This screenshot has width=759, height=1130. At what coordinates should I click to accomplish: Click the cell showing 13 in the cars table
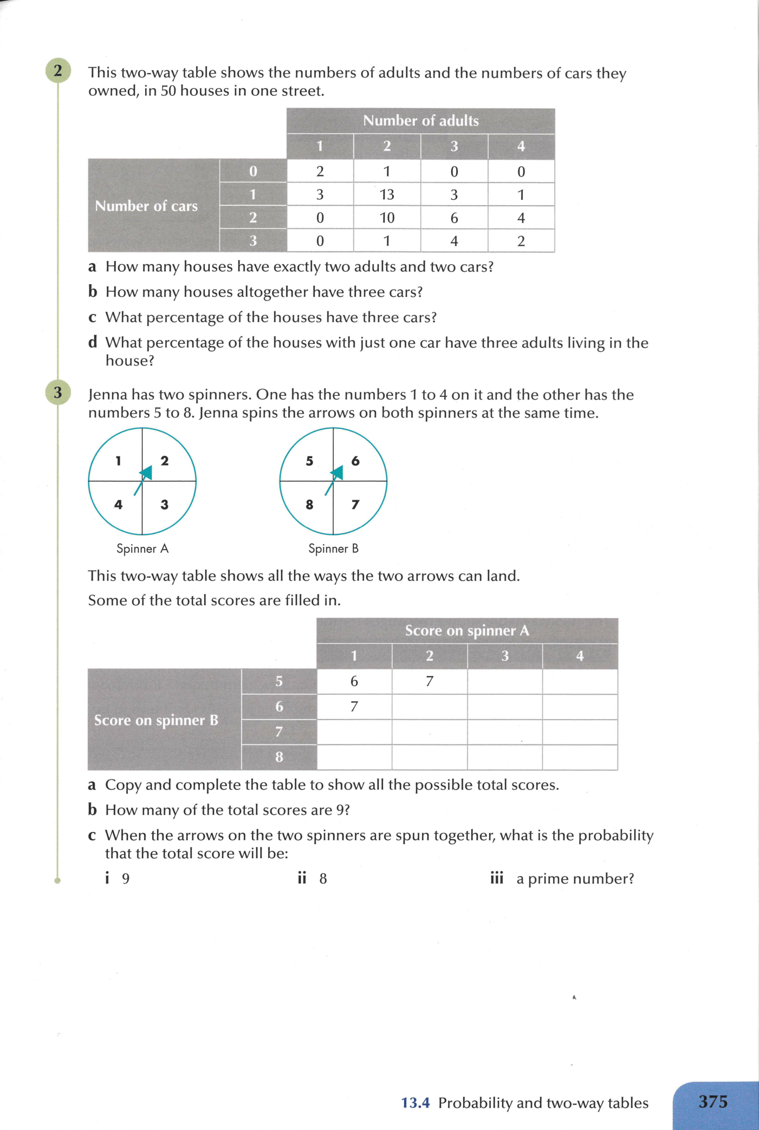coord(387,195)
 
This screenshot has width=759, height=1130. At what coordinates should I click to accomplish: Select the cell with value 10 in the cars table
coord(387,218)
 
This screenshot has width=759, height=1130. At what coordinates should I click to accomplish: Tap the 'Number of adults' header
coord(420,121)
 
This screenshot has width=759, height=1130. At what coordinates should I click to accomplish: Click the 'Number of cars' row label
coord(146,206)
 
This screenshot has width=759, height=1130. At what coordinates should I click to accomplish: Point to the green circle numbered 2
coord(58,70)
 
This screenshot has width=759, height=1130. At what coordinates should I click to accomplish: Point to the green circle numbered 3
coord(58,392)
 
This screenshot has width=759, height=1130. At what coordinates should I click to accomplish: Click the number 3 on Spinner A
coord(165,505)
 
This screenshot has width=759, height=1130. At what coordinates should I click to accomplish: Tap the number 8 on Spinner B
coord(309,505)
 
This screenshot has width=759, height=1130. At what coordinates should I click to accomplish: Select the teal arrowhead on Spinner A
coord(146,473)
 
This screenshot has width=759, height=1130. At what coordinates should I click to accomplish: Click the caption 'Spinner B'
coord(333,548)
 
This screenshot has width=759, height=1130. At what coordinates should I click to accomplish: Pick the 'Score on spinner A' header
coord(466,631)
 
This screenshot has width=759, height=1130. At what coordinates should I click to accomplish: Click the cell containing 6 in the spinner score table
coord(354,681)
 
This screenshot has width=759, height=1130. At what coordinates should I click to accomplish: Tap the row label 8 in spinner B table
coord(279,757)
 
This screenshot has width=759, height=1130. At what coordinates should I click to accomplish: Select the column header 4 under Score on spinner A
coord(580,656)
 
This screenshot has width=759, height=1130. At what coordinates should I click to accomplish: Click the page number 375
coord(713,1102)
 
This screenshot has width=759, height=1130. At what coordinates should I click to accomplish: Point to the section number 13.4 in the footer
coord(415,1103)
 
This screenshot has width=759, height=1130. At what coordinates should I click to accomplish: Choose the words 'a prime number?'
coord(575,878)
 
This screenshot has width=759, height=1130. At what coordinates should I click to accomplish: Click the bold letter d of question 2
coord(93,342)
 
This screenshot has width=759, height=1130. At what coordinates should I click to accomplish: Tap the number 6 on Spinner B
coord(355,461)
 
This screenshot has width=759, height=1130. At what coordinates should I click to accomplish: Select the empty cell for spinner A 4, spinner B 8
coord(580,757)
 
